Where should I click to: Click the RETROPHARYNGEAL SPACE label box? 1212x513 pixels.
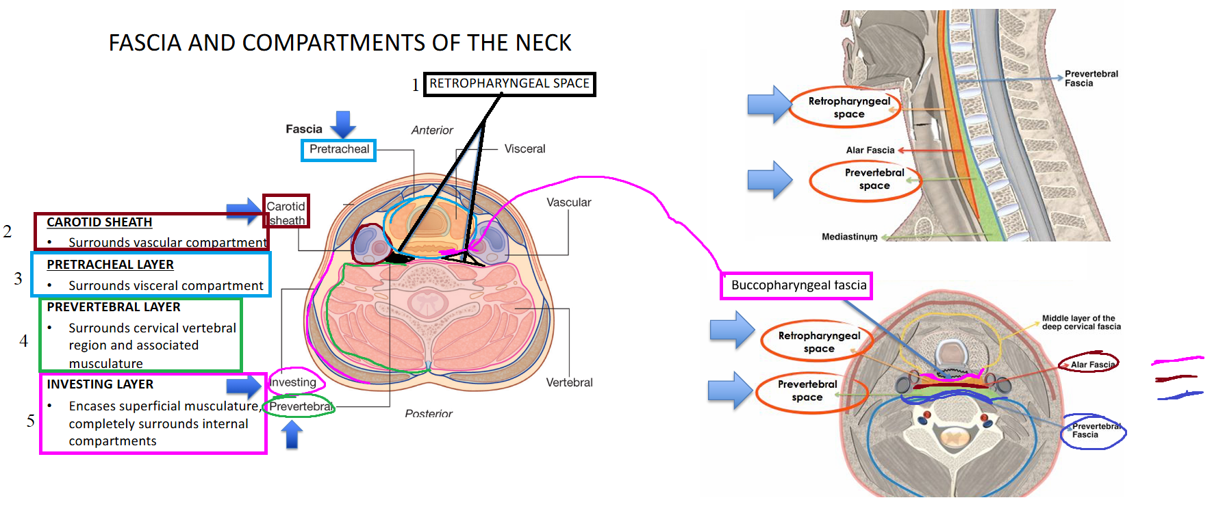click(509, 84)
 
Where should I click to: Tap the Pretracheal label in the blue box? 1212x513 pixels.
click(338, 150)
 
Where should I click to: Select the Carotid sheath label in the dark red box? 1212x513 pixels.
click(286, 213)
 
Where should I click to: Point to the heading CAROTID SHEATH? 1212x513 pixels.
click(99, 222)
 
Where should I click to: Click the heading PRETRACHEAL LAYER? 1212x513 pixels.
click(110, 265)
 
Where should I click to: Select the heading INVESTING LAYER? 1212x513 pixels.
click(100, 384)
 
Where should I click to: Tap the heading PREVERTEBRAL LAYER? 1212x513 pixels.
click(114, 307)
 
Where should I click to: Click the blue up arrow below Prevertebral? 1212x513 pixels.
click(292, 434)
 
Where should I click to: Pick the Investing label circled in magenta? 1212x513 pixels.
click(293, 382)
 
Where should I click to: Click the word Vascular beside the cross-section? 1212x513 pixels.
click(568, 202)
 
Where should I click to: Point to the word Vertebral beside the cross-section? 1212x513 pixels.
click(569, 382)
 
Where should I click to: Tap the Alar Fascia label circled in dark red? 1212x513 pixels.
click(1090, 364)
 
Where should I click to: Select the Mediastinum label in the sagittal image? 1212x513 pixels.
click(849, 237)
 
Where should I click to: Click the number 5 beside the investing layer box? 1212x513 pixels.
click(31, 421)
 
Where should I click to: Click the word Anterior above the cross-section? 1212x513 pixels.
click(432, 130)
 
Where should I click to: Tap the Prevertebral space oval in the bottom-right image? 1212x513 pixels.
click(808, 391)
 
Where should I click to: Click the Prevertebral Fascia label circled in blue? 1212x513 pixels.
click(1094, 431)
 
